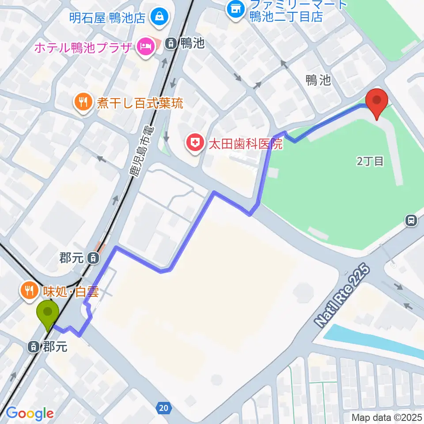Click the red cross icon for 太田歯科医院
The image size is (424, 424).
(194, 143)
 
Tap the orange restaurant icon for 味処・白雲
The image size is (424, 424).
(28, 290)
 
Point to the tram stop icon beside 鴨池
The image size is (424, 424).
(171, 43)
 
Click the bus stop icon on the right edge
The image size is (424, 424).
(411, 220)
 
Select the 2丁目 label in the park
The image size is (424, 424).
(370, 161)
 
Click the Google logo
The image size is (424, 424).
(30, 413)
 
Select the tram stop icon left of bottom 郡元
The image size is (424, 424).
(34, 347)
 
